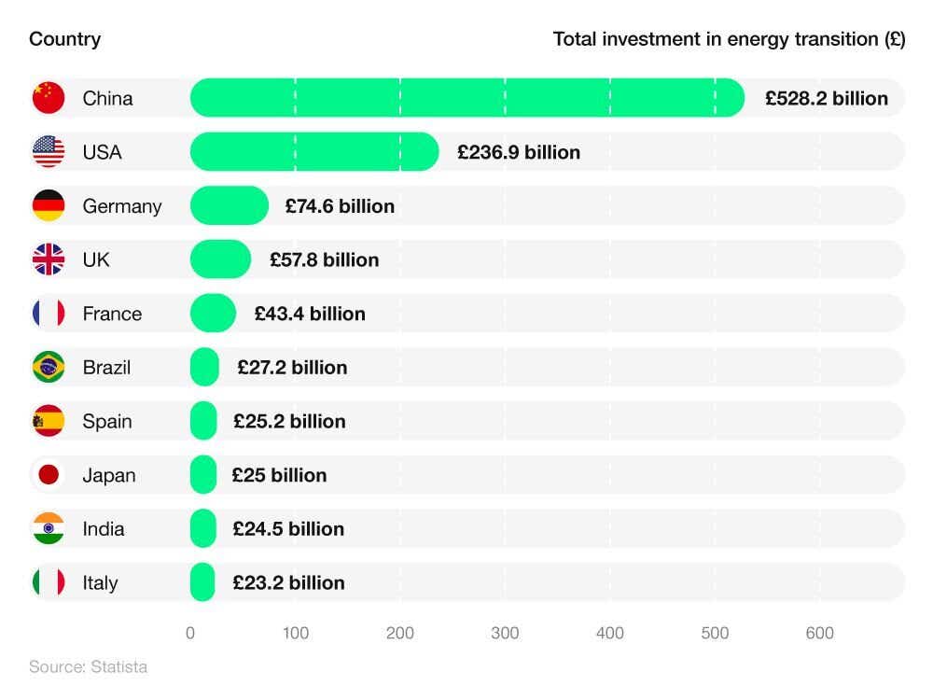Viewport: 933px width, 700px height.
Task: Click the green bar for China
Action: tap(466, 98)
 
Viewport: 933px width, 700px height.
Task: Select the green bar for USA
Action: tap(314, 152)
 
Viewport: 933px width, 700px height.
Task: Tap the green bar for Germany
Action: tap(230, 206)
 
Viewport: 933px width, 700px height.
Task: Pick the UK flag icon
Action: tap(49, 259)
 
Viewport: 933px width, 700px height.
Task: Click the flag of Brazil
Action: tap(49, 367)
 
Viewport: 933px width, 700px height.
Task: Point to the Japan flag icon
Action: tap(49, 475)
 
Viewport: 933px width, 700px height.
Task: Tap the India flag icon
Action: tap(49, 528)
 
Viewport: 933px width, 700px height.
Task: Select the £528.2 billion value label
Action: tap(827, 98)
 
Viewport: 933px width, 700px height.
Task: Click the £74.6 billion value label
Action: tap(340, 206)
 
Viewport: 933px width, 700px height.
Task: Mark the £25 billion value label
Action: tap(279, 475)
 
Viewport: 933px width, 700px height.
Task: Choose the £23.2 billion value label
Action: tap(288, 582)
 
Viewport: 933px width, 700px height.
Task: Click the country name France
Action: tap(112, 314)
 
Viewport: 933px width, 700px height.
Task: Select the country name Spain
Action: tap(107, 421)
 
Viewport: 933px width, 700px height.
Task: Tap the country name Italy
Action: tap(100, 582)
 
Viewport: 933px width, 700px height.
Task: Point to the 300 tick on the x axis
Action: tap(505, 634)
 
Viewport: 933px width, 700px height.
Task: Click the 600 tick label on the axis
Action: tap(819, 634)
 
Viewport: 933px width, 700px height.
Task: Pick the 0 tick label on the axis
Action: tap(190, 634)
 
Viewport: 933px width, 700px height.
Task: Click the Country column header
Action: tap(64, 39)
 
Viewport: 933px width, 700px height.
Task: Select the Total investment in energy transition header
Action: tap(729, 39)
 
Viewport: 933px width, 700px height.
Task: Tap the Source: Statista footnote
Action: tap(88, 667)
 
